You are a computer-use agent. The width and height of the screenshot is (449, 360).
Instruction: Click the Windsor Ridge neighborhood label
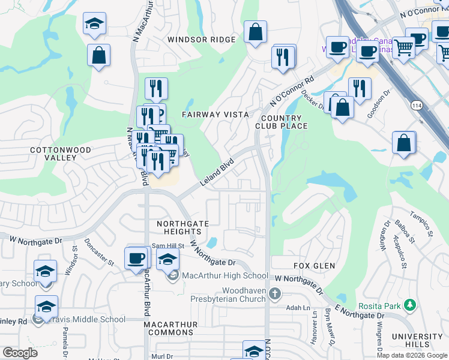(x=202, y=40)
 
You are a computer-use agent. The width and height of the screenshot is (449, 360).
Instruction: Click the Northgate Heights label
(x=182, y=227)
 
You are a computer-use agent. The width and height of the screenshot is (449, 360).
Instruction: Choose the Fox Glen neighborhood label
(x=314, y=266)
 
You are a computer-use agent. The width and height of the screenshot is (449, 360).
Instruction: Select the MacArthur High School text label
(x=225, y=276)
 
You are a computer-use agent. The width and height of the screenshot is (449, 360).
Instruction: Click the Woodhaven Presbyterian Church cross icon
(x=275, y=293)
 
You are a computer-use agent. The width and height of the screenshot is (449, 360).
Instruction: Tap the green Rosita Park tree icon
(x=410, y=306)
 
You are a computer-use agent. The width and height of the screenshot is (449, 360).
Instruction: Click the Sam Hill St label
(x=167, y=245)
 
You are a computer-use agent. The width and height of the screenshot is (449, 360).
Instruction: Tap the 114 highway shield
(x=415, y=105)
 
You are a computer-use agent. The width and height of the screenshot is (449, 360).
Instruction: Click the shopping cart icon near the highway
(x=404, y=47)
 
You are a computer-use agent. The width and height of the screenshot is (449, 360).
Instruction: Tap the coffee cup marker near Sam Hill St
(x=137, y=259)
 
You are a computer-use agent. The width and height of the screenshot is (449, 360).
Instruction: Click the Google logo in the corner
(x=20, y=353)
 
